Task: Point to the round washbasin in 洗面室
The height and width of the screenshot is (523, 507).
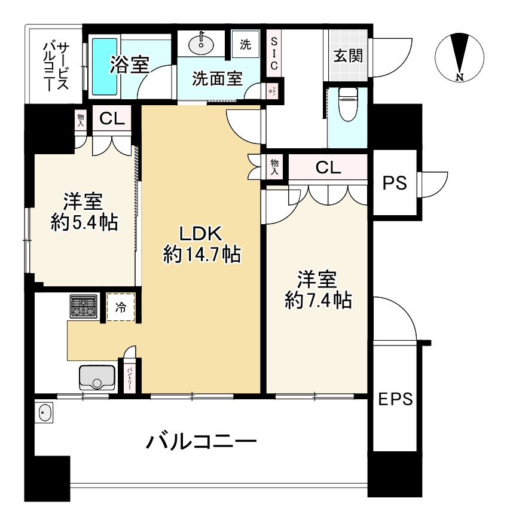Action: point(201,43)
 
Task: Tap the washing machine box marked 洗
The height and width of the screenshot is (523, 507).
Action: point(246,44)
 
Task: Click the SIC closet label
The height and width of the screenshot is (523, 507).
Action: point(274,53)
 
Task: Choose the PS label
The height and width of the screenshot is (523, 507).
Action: point(395,183)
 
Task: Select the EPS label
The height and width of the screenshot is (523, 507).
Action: point(395,399)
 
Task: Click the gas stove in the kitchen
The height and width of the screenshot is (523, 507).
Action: point(84,306)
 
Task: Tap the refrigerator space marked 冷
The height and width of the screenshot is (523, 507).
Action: point(121,308)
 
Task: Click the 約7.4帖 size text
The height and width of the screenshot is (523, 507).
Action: point(317,300)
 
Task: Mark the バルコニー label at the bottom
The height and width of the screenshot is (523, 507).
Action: point(202,443)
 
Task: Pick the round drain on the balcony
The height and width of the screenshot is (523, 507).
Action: point(44,412)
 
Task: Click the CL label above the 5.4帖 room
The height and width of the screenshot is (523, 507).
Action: point(112,119)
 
